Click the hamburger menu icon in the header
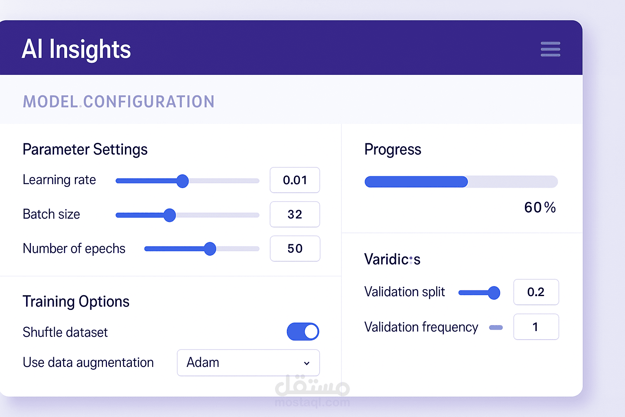(x=550, y=49)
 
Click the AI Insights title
(x=76, y=49)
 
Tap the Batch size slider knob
(x=169, y=215)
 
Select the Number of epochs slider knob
(x=210, y=248)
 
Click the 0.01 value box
(x=295, y=180)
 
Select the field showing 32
(x=295, y=214)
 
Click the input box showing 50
(x=295, y=248)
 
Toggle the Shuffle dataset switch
(x=303, y=331)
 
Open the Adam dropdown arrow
(x=307, y=363)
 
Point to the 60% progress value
(x=540, y=208)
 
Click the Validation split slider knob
(x=494, y=293)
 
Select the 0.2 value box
(x=536, y=292)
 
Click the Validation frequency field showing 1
(x=536, y=327)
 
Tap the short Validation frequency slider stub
(x=496, y=327)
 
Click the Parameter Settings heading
(x=85, y=149)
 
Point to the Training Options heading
(x=76, y=302)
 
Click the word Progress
(x=393, y=149)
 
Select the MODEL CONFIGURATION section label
(x=118, y=101)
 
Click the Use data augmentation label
(x=88, y=362)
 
